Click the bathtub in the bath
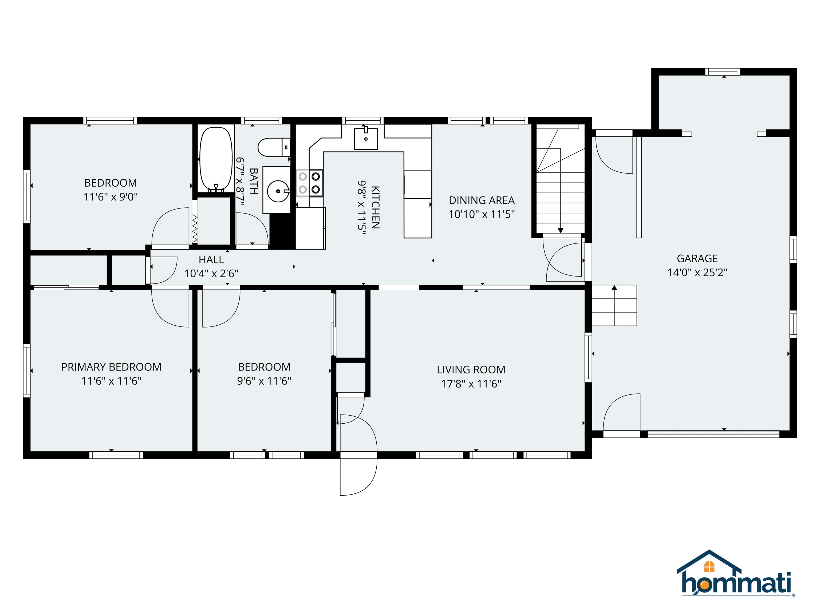pyautogui.click(x=216, y=159)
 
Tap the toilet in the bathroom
pyautogui.click(x=274, y=147)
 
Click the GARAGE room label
pyautogui.click(x=697, y=258)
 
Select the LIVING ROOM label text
pyautogui.click(x=471, y=370)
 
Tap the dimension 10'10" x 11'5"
pyautogui.click(x=482, y=214)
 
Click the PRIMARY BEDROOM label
pyautogui.click(x=111, y=367)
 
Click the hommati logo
pyautogui.click(x=736, y=579)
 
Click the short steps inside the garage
pyautogui.click(x=614, y=305)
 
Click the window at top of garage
pyautogui.click(x=723, y=72)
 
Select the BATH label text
pyautogui.click(x=254, y=181)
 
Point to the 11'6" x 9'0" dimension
pyautogui.click(x=111, y=197)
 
